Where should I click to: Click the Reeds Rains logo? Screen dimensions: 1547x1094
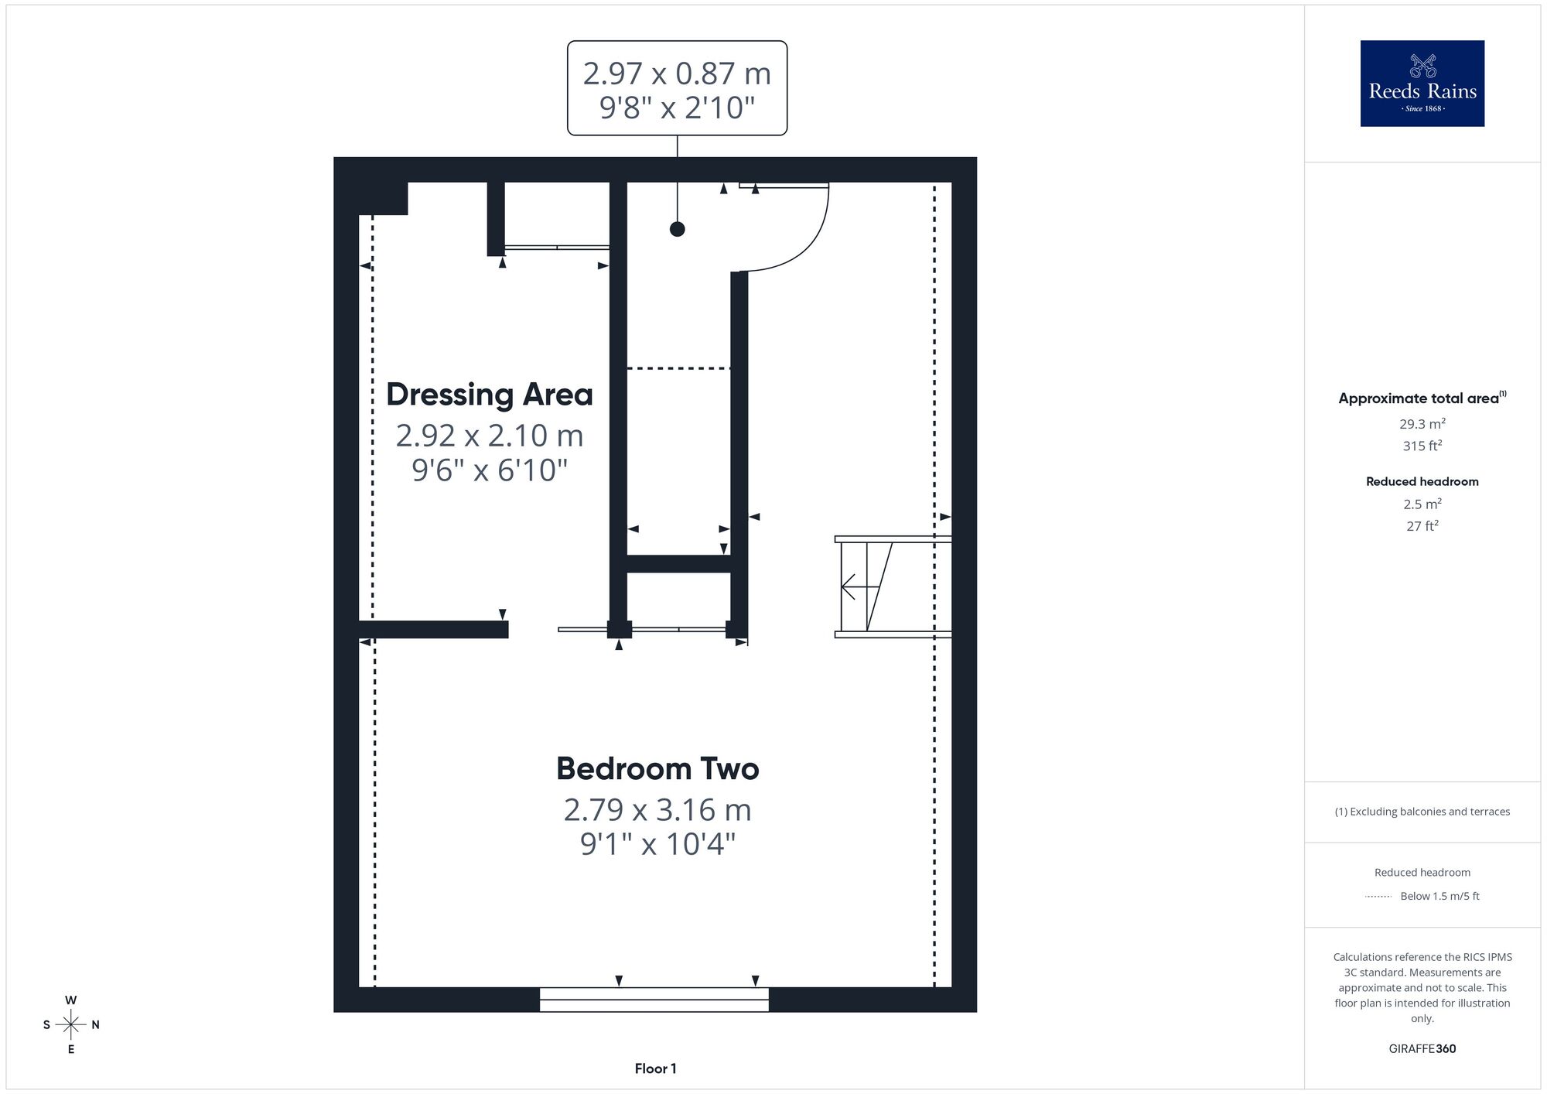(x=1422, y=84)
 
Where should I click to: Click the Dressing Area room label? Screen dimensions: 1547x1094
(x=490, y=395)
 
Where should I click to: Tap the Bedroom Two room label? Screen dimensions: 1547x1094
(x=657, y=768)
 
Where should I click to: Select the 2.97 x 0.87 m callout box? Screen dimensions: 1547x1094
(x=677, y=88)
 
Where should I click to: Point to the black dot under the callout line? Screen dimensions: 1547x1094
(x=677, y=229)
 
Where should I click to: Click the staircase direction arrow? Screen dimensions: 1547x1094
(x=859, y=586)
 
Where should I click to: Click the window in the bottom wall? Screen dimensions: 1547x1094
(x=654, y=1000)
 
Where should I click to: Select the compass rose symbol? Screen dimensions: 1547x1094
(x=71, y=1025)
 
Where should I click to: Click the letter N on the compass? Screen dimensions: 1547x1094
(x=95, y=1025)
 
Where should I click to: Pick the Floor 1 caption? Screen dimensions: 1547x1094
(x=655, y=1068)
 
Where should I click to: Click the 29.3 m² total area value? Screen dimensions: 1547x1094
(x=1422, y=424)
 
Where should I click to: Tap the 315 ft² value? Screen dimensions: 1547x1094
(x=1422, y=446)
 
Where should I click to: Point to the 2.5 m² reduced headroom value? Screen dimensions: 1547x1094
(x=1422, y=504)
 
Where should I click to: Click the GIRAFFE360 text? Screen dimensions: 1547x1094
(x=1422, y=1049)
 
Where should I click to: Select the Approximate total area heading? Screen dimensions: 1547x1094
(x=1422, y=398)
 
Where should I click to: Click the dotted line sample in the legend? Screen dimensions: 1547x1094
(x=1378, y=897)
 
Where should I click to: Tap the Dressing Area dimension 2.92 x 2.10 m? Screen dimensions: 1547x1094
(x=490, y=436)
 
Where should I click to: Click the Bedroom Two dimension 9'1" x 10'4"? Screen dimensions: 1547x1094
(x=657, y=844)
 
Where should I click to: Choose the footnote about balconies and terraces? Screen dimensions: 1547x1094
(x=1422, y=812)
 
